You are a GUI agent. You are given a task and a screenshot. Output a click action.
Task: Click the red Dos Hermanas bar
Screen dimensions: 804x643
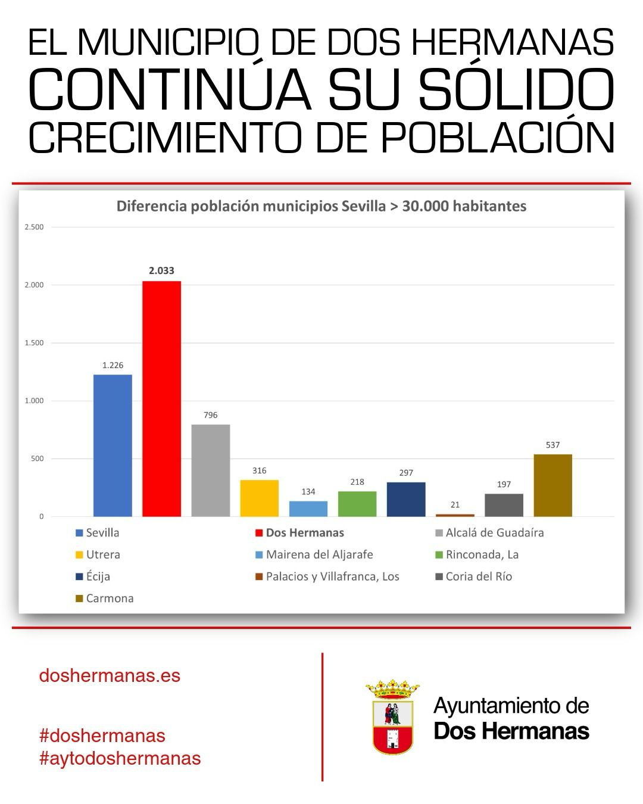pos(161,399)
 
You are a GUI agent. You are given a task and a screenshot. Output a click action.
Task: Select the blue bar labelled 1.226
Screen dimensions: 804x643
pos(113,445)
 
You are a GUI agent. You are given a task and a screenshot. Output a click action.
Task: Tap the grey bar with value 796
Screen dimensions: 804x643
pos(210,470)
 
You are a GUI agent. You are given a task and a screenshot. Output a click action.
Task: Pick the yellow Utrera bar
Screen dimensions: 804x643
pos(259,498)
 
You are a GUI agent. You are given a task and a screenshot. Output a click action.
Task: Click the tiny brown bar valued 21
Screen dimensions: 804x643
pos(455,515)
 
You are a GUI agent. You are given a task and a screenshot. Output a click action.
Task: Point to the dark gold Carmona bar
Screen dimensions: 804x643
pos(553,485)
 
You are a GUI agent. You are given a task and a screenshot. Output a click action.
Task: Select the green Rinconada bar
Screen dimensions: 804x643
pos(357,504)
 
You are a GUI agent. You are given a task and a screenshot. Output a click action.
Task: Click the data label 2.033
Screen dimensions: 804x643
pos(161,270)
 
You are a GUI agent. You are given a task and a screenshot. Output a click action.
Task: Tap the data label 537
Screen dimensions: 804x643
pos(553,445)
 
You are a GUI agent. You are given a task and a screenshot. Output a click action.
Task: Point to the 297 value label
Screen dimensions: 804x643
pos(406,473)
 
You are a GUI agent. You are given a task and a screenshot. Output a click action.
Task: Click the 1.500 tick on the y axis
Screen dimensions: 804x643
pos(34,343)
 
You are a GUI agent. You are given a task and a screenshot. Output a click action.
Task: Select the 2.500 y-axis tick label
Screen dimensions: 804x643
pos(34,227)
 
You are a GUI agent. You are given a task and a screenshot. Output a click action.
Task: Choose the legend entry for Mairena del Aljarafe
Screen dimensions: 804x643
pos(319,554)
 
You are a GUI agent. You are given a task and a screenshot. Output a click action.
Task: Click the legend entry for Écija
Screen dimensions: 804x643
pos(98,576)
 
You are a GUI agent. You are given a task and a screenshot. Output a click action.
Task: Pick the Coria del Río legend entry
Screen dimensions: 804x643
pos(478,576)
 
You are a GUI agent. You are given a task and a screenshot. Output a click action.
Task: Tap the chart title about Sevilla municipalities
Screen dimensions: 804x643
pos(321,206)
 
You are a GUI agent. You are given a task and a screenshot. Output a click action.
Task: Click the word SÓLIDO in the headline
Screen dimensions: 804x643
pos(516,91)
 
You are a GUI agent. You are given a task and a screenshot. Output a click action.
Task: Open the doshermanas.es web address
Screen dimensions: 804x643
pos(110,675)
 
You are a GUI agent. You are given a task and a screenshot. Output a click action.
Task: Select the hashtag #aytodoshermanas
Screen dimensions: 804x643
pos(120,758)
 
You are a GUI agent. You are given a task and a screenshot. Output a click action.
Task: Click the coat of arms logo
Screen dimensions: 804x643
pos(392,717)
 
